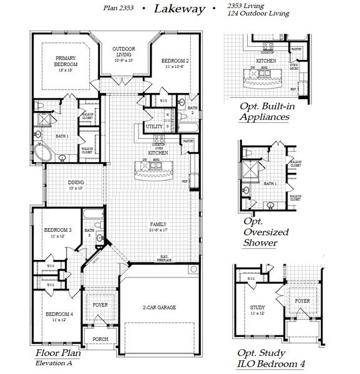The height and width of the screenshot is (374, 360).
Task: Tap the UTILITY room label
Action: tap(153, 127)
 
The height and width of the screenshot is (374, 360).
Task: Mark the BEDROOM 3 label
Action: tap(58, 233)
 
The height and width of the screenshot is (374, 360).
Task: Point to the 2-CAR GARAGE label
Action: tap(158, 308)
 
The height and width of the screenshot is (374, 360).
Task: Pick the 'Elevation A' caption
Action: tap(55, 363)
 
